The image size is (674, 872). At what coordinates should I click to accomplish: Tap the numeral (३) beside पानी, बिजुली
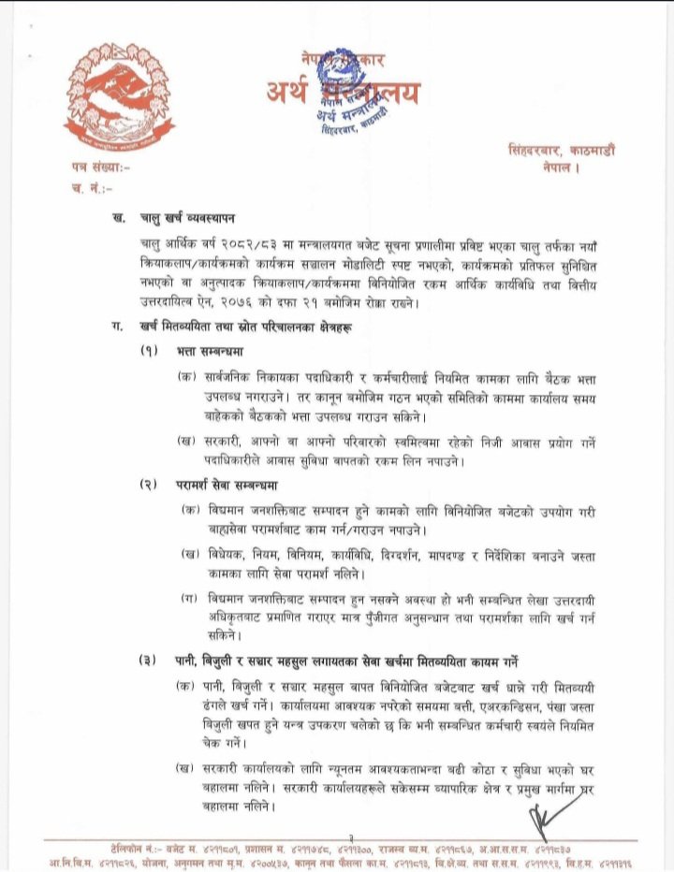148,661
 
